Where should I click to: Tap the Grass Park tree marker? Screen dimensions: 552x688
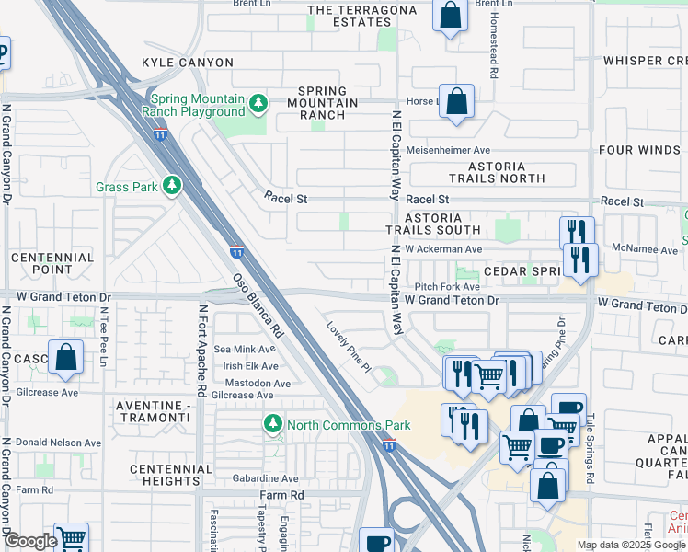coord(171,187)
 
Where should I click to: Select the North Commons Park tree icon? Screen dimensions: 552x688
coord(272,425)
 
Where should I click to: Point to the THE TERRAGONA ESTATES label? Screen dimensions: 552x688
coord(356,16)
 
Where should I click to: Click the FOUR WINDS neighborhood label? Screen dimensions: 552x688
coord(640,150)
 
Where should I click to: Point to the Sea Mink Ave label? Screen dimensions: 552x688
coord(244,350)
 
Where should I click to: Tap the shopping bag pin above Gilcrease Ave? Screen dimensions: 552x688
coord(66,359)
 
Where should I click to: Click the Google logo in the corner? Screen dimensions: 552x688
coord(30,542)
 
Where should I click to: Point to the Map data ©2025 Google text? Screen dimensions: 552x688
coord(631,545)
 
